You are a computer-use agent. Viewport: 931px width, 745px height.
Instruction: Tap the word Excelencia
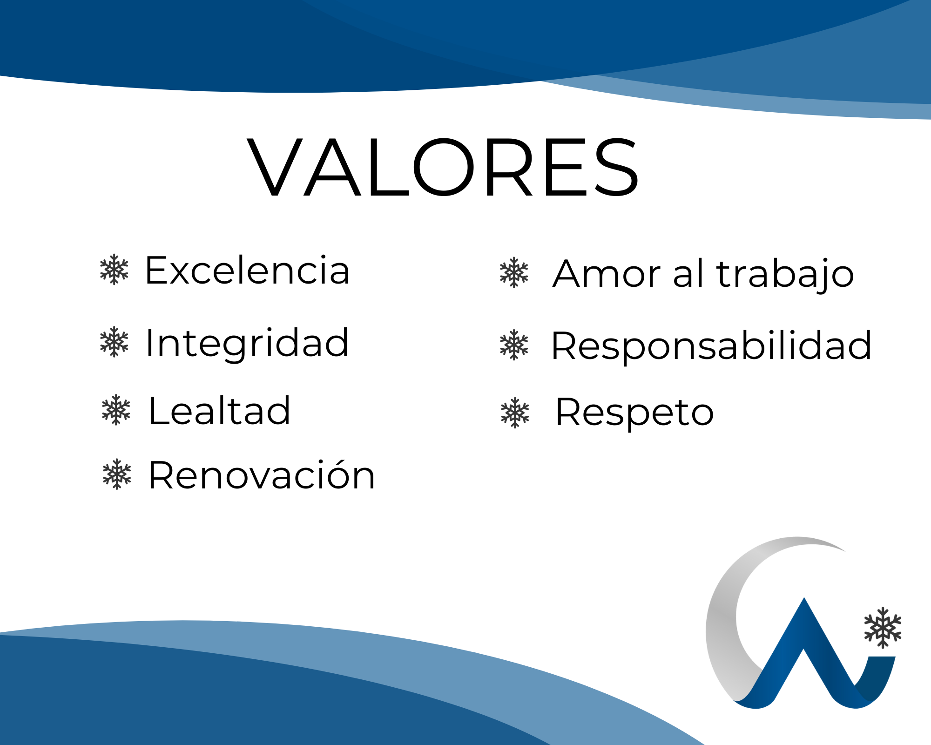(247, 270)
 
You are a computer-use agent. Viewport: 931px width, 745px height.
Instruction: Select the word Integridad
(247, 344)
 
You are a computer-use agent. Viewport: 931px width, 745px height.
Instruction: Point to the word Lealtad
(219, 410)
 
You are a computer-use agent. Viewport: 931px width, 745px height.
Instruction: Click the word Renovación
(262, 474)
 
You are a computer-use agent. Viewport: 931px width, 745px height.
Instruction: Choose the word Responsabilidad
(711, 346)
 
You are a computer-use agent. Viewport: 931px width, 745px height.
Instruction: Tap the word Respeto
(634, 413)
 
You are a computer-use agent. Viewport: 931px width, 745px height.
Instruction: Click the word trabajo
(785, 274)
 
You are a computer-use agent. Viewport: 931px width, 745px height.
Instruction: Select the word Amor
(607, 274)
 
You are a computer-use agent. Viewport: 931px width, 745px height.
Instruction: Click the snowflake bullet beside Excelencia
(114, 269)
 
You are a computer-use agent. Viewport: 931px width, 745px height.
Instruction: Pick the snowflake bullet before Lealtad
(116, 410)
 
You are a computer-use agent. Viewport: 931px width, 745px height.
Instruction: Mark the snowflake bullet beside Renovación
(117, 474)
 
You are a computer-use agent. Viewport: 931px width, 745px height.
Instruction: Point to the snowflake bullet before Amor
(514, 272)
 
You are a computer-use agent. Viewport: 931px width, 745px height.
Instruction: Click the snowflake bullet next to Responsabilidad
(514, 345)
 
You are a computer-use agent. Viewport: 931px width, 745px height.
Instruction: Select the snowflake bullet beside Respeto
(515, 413)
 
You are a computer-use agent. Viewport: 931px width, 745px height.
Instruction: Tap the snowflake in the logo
(883, 628)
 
